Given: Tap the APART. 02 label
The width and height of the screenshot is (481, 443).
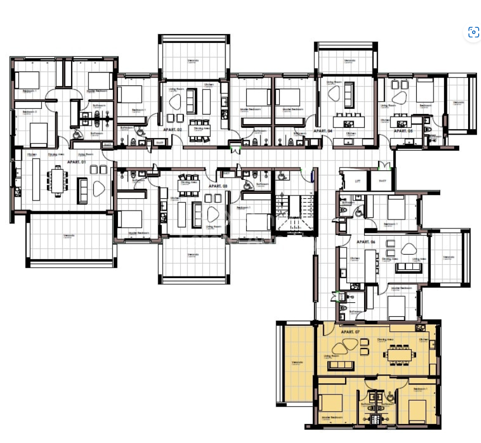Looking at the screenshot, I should click(x=173, y=130).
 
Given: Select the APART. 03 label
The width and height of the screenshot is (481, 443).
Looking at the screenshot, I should click(x=218, y=186).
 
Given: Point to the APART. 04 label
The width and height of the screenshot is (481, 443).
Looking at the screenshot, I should click(x=323, y=130).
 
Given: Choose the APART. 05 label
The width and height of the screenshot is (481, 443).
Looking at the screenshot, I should click(x=403, y=130).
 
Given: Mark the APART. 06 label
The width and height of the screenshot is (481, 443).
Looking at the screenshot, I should click(x=365, y=242).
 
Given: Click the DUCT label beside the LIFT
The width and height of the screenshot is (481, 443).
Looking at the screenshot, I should click(x=383, y=181).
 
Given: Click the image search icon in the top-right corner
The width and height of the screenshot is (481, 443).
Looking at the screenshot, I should click(x=473, y=32).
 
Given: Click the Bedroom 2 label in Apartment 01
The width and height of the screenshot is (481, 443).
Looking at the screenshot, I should click(x=29, y=112).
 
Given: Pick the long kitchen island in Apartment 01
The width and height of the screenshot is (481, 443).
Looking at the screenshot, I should click(x=36, y=179).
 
